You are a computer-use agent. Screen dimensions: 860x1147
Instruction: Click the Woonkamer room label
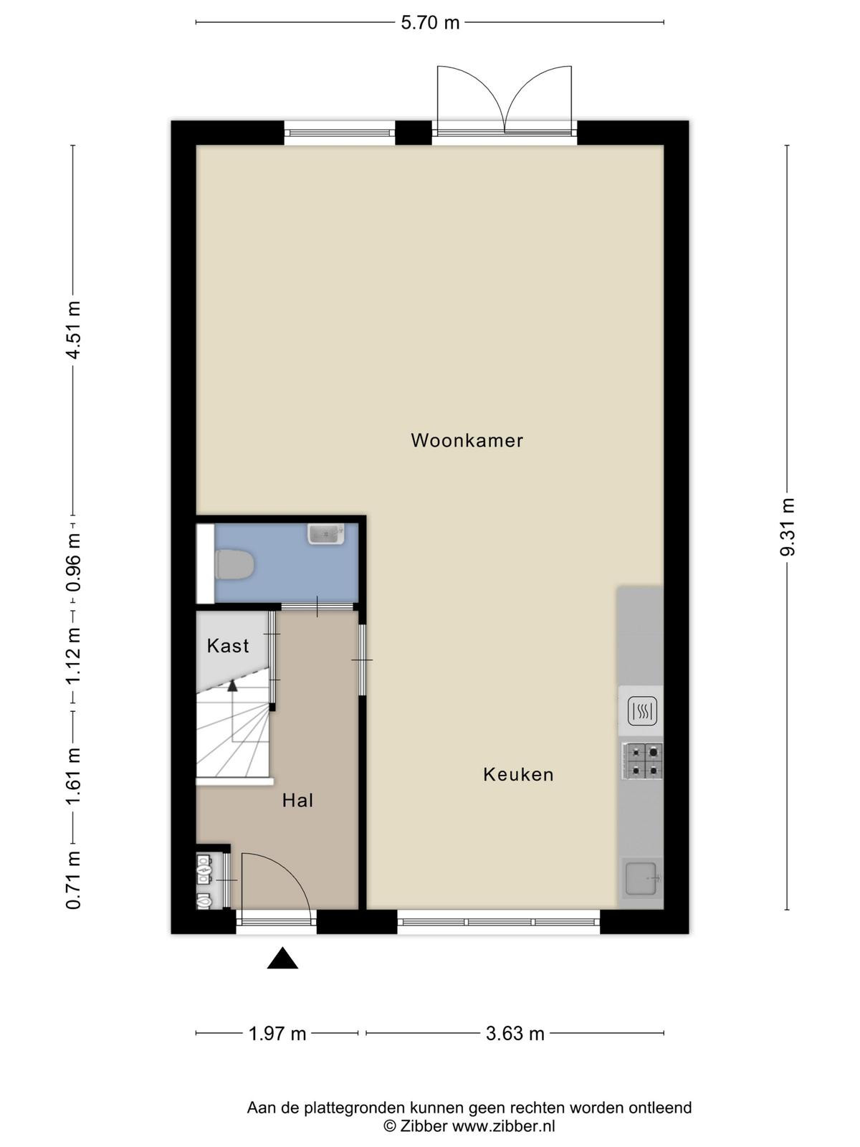tap(467, 440)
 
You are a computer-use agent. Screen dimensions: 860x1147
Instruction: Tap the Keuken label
tap(518, 774)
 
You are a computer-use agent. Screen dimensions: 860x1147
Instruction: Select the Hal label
tap(297, 801)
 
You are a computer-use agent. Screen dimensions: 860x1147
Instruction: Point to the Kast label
tap(228, 646)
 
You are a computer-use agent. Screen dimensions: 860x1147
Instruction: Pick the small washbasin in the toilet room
tap(326, 535)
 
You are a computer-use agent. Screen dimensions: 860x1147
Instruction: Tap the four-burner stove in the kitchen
tap(642, 761)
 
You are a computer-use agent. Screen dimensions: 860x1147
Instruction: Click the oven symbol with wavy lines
tap(642, 710)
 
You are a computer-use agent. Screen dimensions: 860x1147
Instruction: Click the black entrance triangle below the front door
tap(282, 958)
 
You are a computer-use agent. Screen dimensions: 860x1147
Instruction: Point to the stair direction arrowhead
tap(232, 685)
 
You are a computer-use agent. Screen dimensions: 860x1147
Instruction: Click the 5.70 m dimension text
tap(430, 23)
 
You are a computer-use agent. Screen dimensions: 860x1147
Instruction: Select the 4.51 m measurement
tap(73, 329)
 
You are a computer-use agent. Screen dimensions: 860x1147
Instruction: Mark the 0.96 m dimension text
tap(73, 562)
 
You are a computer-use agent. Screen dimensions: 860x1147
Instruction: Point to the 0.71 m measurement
tap(73, 880)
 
